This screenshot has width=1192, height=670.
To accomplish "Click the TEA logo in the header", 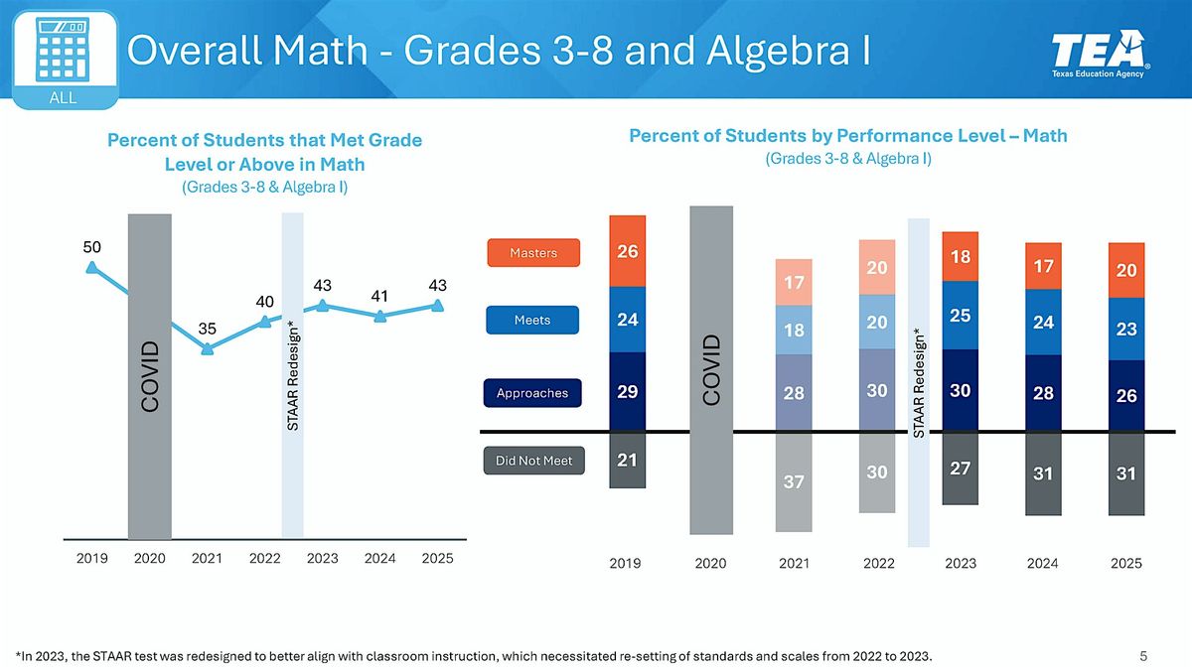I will coord(1101,56).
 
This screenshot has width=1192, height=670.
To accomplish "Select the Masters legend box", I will coord(532,253).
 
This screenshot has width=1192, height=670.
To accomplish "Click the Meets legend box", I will coord(532,320).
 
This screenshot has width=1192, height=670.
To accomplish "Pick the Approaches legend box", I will coord(532,393).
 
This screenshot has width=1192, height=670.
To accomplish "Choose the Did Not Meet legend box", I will coord(533,461).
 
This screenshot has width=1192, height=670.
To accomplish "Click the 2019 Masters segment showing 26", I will coord(627,251).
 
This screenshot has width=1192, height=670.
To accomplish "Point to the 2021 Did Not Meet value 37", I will coord(793,481).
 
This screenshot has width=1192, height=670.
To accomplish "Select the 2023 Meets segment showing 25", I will coord(961,316).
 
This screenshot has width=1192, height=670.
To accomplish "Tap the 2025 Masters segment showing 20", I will coord(1126,270).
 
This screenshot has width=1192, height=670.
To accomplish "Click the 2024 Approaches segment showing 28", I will coord(1042,393).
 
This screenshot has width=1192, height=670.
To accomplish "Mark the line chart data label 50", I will coord(91,246).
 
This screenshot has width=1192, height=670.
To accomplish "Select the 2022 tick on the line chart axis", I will coord(265,559).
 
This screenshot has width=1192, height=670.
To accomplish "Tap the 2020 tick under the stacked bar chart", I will coord(710,564).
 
